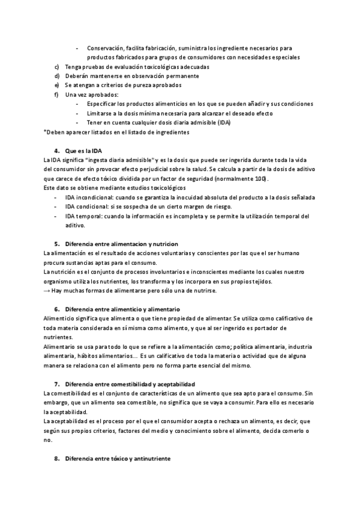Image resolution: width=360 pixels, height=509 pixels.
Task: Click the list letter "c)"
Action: (x=56, y=67)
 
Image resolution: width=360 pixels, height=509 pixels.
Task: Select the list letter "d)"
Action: (x=56, y=76)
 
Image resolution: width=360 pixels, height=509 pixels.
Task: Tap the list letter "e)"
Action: (x=56, y=85)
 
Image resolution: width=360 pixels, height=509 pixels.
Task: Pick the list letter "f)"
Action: (x=56, y=94)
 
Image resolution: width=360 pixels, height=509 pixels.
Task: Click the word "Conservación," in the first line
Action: (x=107, y=48)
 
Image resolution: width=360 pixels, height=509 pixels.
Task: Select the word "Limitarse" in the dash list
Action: (x=100, y=113)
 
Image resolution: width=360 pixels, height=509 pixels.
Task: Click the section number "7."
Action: (x=57, y=383)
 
